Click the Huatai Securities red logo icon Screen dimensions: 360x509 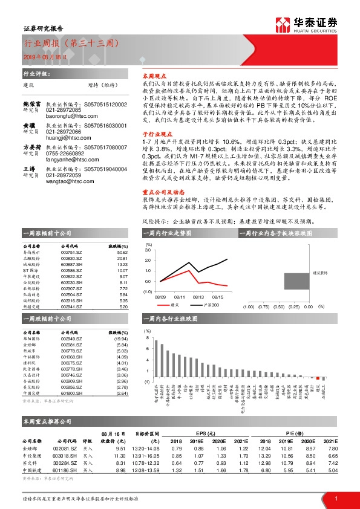tap(282, 25)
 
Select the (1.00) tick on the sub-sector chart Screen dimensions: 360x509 tap(249, 306)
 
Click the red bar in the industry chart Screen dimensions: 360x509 tap(319, 378)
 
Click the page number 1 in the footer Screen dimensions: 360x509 tap(336, 499)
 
